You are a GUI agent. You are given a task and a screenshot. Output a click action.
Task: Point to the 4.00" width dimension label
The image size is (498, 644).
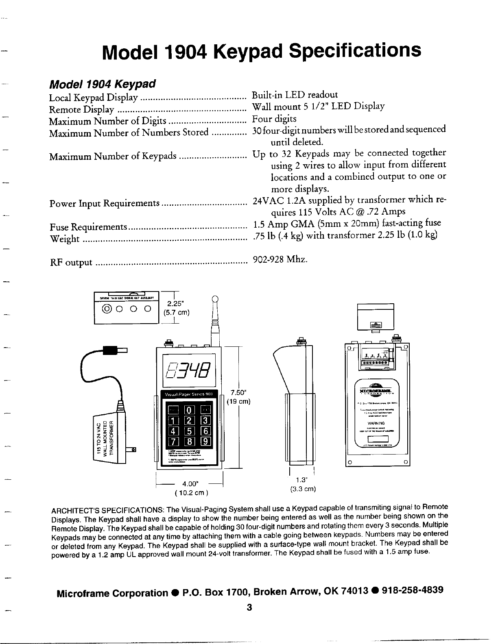pos(190,484)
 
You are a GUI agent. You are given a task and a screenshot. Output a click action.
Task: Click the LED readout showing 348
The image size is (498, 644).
pos(188,370)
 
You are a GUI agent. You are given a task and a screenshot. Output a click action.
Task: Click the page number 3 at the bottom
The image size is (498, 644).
pos(249,607)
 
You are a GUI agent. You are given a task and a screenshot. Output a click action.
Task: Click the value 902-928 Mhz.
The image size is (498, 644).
pos(280,259)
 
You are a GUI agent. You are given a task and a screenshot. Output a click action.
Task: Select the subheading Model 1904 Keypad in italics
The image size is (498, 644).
pos(103,85)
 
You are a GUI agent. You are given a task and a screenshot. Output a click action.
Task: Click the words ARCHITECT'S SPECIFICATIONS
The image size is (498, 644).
pos(108,510)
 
